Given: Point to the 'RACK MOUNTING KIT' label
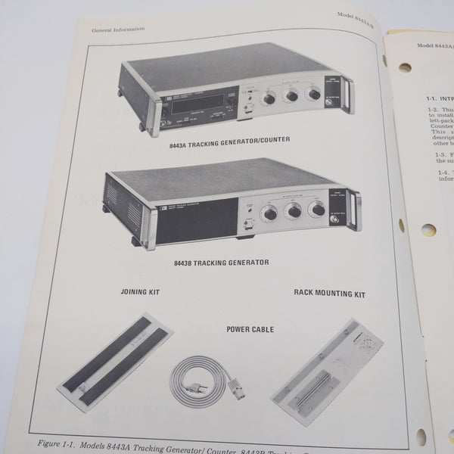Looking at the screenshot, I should (329, 294).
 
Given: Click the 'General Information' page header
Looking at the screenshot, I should (118, 30).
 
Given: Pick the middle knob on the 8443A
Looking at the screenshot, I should (290, 96).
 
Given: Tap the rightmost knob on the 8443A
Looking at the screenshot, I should (313, 93).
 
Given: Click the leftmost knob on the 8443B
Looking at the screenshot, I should (269, 214).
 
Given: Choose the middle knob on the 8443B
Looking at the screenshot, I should (294, 211).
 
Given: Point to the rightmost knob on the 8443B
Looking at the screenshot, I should (318, 208).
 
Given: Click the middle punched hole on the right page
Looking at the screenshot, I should (428, 229).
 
